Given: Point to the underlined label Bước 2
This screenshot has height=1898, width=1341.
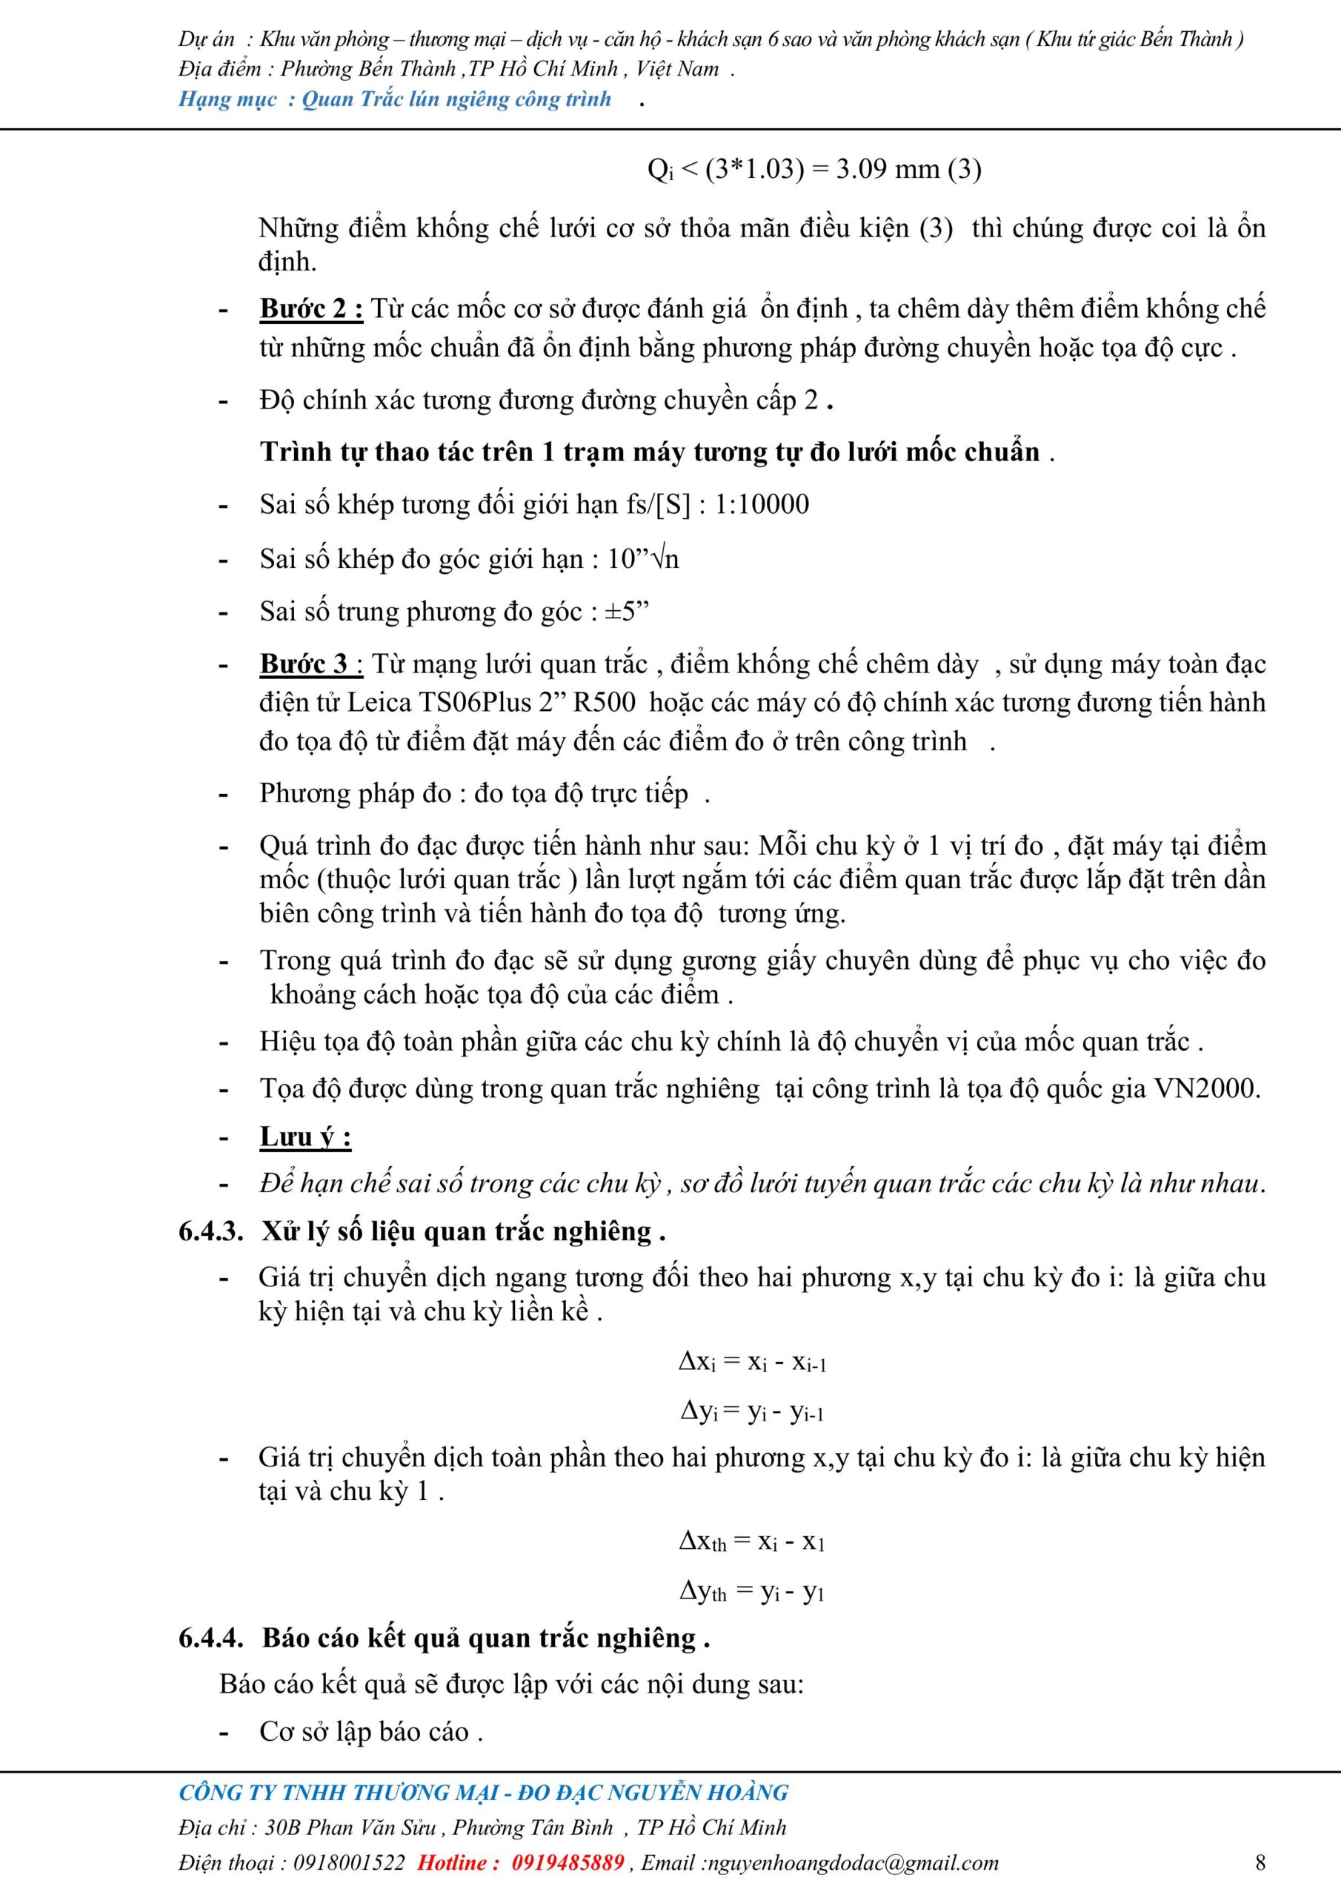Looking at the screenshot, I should (310, 308).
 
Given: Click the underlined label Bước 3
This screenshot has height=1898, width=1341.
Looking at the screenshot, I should (310, 664).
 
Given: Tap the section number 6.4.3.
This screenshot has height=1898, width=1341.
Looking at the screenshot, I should (210, 1231).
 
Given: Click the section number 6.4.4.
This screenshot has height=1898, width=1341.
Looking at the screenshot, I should (210, 1638).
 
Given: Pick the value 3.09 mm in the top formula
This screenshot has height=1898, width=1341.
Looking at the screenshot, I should (888, 170).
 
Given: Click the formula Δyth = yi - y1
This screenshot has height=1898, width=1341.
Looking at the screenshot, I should (752, 1590).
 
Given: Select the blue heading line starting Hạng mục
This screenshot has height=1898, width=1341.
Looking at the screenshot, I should (395, 100).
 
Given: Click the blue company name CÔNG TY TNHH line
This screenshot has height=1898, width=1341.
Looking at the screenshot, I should (483, 1792).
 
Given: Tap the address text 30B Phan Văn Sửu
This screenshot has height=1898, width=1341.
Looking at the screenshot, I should (356, 1827).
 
